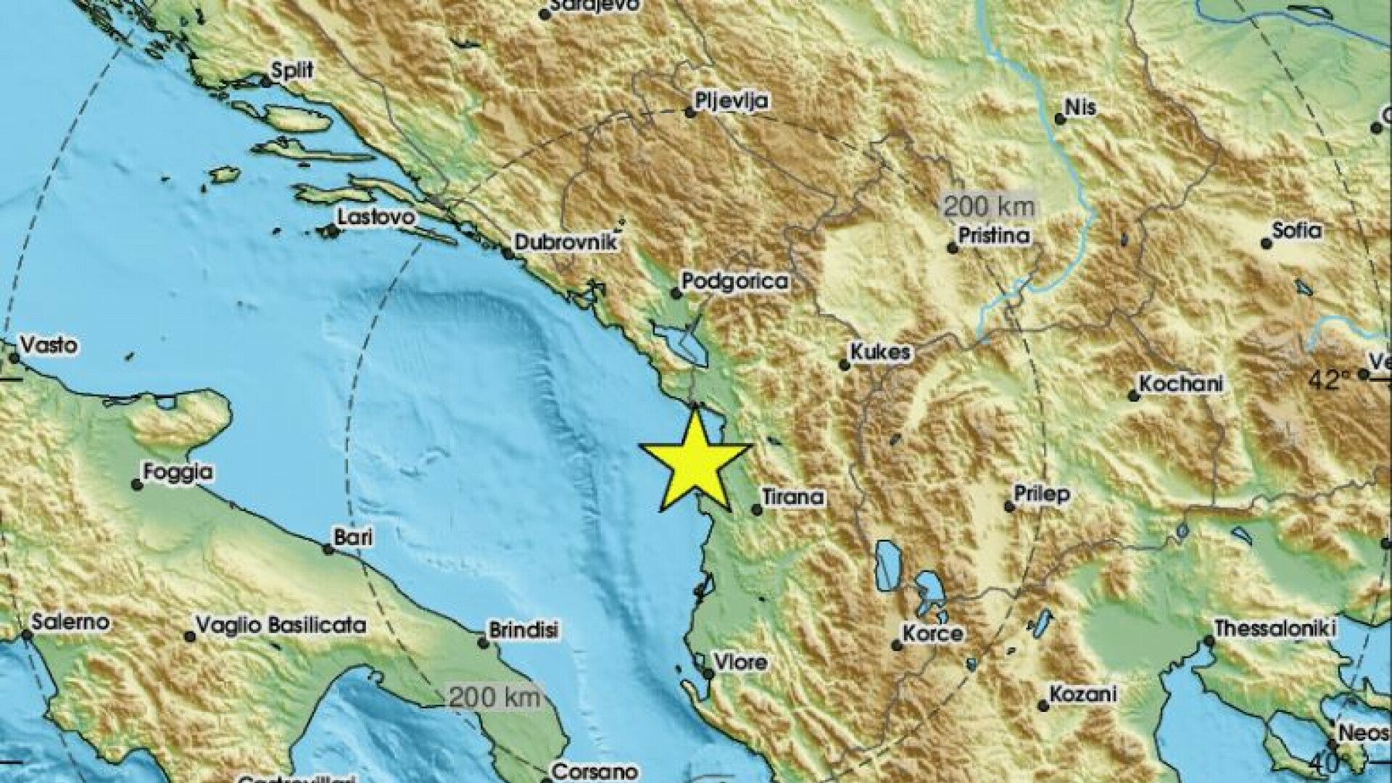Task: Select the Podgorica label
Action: point(735,281)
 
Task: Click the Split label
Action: point(292,70)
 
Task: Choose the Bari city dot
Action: point(328,550)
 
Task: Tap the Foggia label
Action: point(178,473)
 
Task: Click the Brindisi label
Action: point(524,631)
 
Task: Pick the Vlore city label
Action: point(740,662)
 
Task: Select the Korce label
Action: point(932,634)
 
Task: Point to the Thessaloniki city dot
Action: point(1208,641)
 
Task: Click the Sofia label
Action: point(1298,231)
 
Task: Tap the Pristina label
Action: point(994,236)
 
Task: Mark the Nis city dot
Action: point(1060,119)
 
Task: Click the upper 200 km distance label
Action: point(988,207)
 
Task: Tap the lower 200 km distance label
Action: point(494,698)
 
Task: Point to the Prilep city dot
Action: point(1009,507)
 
